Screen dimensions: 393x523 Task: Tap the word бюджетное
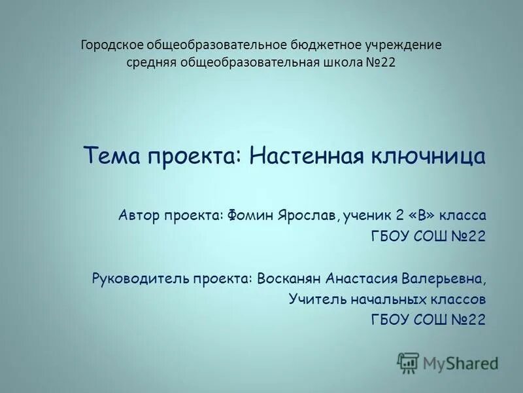[328, 45]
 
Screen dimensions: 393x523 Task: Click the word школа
[345, 63]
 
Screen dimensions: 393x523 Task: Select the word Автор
[139, 215]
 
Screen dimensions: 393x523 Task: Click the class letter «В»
[418, 215]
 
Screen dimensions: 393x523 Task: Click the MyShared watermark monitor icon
[409, 362]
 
